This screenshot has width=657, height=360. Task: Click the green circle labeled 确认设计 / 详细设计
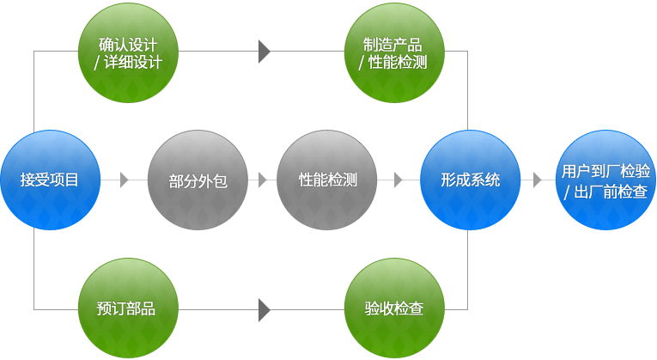[x=128, y=52]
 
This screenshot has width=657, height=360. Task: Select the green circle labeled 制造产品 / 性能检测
[x=394, y=52]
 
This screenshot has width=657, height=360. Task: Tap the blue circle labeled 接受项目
[x=51, y=180]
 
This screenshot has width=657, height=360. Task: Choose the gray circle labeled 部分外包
[x=198, y=180]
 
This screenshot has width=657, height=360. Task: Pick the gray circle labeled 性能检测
[x=327, y=180]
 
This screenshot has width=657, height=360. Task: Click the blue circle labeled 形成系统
[x=470, y=180]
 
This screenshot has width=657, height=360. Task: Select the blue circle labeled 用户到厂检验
[x=605, y=180]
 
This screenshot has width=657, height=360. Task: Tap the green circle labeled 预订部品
[x=128, y=308]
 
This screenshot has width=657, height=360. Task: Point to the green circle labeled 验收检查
[x=394, y=308]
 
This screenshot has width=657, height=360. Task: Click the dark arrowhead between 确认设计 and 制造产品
[x=264, y=52]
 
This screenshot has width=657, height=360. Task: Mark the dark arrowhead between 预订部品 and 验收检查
[x=264, y=310]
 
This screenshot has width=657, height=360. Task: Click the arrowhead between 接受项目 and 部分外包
[x=124, y=180]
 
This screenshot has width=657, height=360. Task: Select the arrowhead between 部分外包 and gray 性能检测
[x=263, y=180]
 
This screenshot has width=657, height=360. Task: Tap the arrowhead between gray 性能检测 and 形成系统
[x=398, y=180]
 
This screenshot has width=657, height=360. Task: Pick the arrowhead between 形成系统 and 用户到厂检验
[x=537, y=180]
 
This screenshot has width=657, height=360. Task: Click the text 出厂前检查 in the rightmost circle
[x=611, y=192]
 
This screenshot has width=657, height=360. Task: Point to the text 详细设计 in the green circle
[x=133, y=62]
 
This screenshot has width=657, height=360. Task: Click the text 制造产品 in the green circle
[x=392, y=45]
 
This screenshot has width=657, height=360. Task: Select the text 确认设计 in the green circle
[x=128, y=45]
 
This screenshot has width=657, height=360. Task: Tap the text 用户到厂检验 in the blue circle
[x=605, y=171]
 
